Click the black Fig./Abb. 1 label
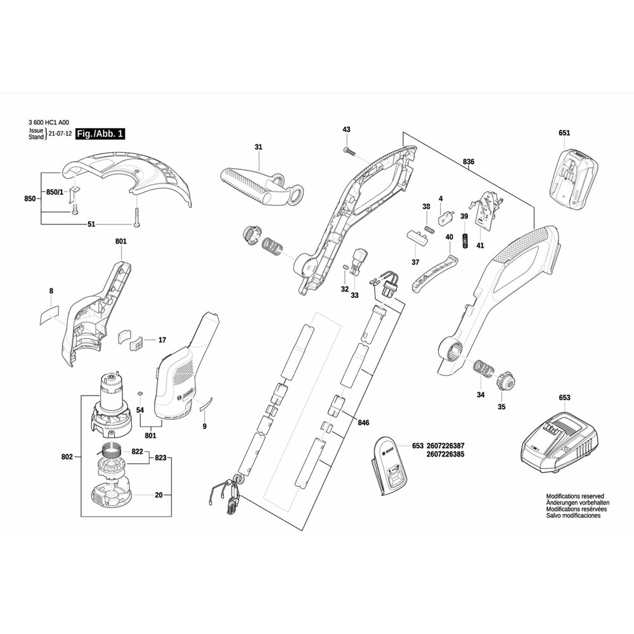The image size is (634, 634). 100,134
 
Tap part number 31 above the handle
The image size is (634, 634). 258,147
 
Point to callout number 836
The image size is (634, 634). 469,162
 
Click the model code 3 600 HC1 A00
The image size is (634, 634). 49,122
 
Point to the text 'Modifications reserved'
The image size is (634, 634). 575,496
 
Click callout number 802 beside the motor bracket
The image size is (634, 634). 68,456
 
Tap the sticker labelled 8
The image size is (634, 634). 46,314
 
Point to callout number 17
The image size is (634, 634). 162,340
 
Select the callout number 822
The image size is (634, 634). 137,451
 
